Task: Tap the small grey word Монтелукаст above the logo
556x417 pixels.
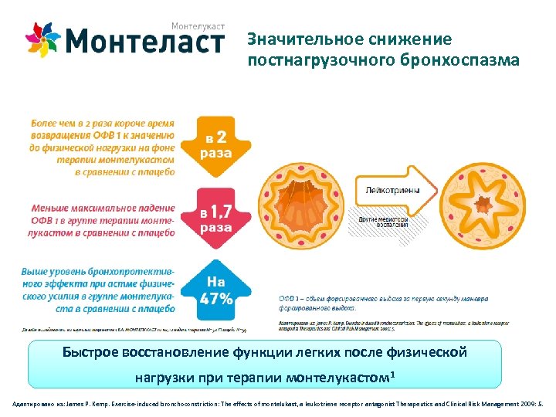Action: pos(198,26)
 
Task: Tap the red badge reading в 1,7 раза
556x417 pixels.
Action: pos(215,216)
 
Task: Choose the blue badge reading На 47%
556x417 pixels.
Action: pos(215,290)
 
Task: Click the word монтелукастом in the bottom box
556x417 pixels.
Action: pos(338,379)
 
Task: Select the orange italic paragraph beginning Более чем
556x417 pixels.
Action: pos(103,147)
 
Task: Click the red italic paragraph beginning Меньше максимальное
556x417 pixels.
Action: pos(103,220)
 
